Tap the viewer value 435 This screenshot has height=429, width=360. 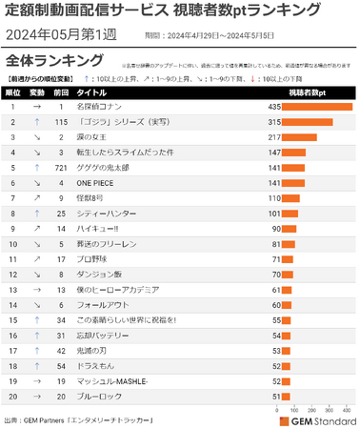pyautogui.click(x=273, y=107)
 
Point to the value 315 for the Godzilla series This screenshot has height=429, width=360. pyautogui.click(x=273, y=122)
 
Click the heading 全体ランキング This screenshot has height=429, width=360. pyautogui.click(x=46, y=61)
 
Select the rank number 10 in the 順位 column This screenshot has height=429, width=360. pyautogui.click(x=13, y=244)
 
